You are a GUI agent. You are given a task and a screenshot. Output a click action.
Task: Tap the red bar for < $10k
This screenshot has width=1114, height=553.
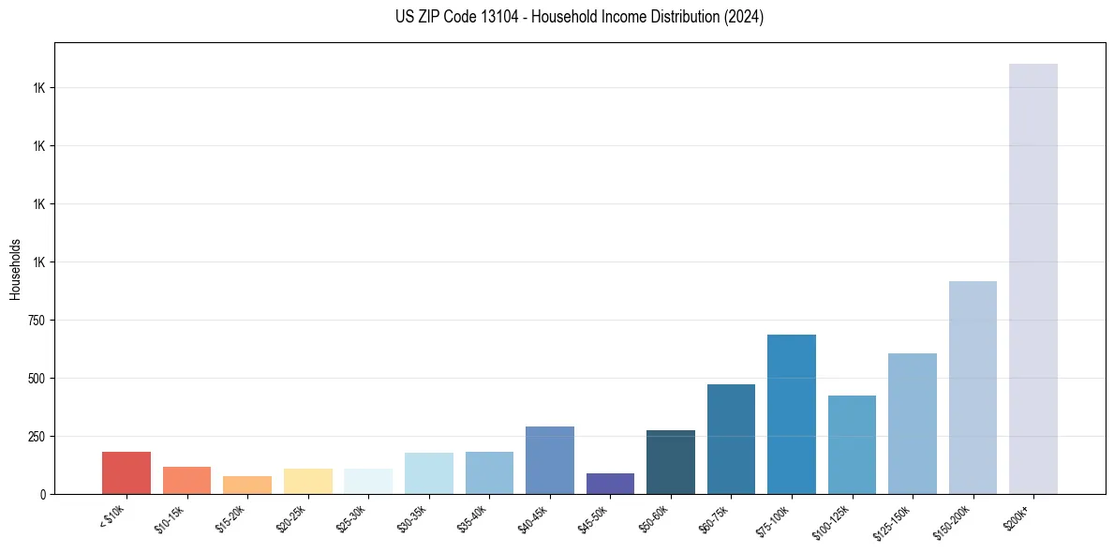[126, 472]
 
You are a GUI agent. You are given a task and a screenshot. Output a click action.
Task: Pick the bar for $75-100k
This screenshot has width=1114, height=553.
[792, 413]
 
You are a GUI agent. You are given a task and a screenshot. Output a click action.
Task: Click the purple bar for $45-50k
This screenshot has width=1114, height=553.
[610, 483]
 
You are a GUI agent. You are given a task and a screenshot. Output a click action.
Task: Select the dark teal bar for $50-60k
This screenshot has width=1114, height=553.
[671, 461]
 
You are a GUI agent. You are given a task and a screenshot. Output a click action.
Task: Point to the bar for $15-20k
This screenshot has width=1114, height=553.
[247, 485]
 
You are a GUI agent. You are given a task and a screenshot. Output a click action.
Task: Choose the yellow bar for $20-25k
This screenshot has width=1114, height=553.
[308, 481]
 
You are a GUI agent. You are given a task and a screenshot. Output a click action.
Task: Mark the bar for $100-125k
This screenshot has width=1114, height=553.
[852, 444]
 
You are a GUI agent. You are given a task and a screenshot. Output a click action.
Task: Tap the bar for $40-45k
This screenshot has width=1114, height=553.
[550, 459]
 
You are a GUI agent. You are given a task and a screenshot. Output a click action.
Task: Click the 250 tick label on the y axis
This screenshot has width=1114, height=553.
[37, 437]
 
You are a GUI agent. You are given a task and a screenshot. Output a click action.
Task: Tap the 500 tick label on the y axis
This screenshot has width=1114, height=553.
[37, 379]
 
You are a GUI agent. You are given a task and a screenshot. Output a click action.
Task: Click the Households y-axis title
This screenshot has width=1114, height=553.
[15, 268]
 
